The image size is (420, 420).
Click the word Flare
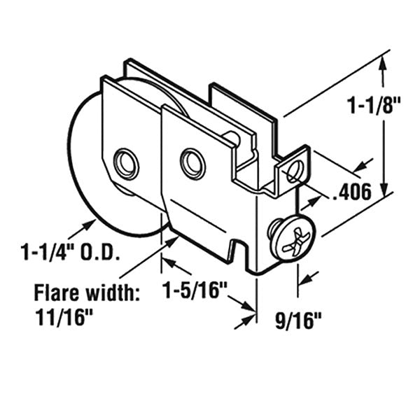(56, 293)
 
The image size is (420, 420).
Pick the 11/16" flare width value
(64, 317)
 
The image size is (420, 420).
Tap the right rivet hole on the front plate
(192, 164)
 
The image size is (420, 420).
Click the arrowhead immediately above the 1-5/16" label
(167, 262)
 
